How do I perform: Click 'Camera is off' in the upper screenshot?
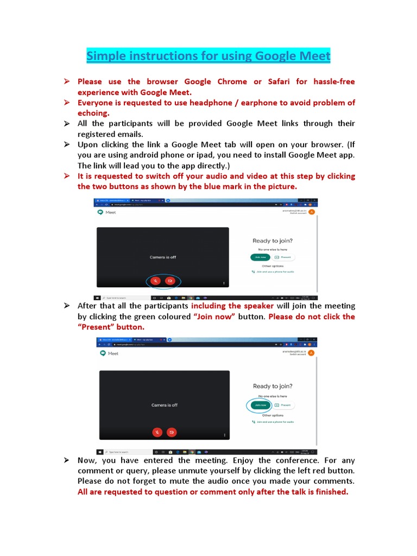click(163, 257)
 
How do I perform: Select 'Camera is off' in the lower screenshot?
click(164, 405)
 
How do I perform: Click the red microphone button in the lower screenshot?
click(157, 432)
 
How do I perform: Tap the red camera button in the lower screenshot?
click(172, 432)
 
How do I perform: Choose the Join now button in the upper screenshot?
click(260, 257)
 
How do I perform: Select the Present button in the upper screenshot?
click(285, 257)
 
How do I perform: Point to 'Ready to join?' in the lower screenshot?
click(273, 386)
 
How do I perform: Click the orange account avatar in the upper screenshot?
click(311, 212)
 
